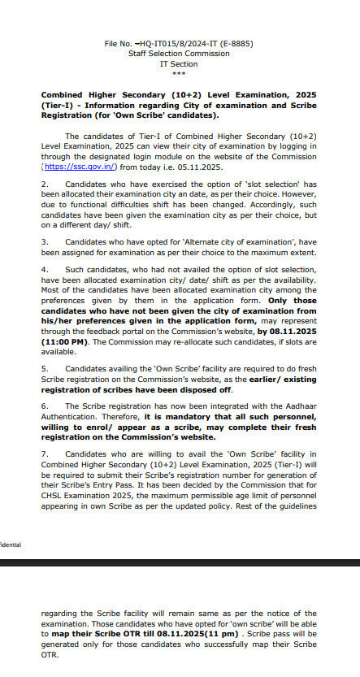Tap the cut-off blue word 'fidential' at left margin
click(11, 545)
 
